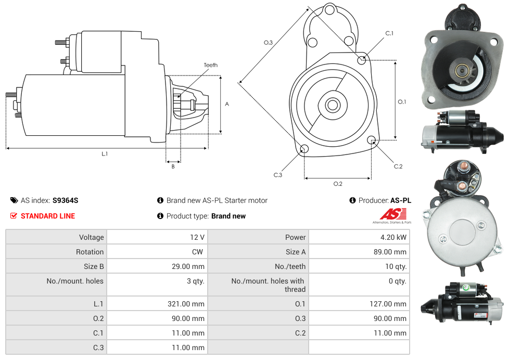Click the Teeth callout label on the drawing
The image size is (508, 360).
pos(211,65)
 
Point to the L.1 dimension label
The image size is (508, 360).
pos(105,154)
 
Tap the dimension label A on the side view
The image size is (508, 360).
pos(227,104)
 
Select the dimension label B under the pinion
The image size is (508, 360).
pos(173,166)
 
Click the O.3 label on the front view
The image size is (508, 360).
pos(268,43)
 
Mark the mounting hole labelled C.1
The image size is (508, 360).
pos(362,60)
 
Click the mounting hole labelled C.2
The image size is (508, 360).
pos(372,140)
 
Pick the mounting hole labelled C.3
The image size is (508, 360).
pos(304,150)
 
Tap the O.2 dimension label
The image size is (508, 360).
pos(338,184)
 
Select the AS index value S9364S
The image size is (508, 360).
pos(65,200)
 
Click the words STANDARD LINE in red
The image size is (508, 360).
pos(48,216)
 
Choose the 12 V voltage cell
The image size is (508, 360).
pos(197,237)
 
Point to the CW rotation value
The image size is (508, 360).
pos(199,252)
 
